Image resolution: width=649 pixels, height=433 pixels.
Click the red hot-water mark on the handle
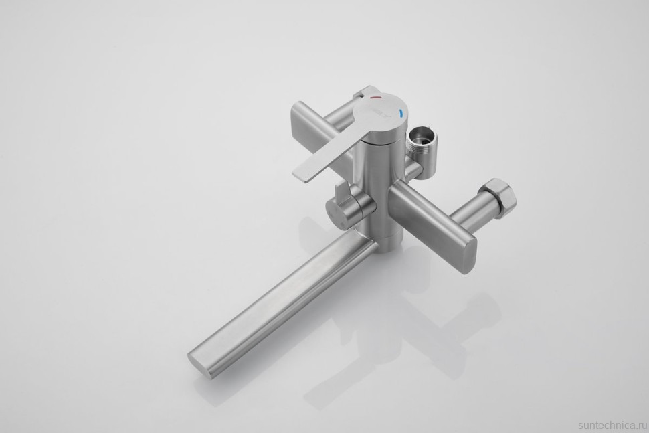(x=375, y=98)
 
